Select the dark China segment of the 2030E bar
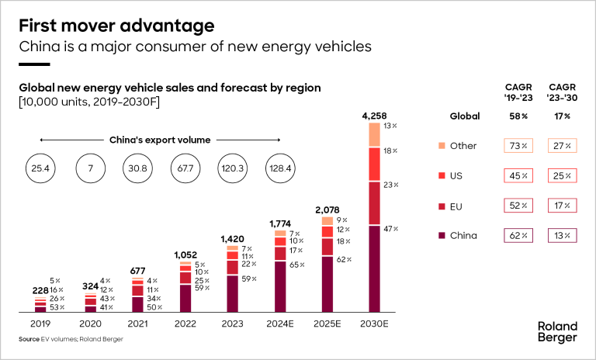pos(375,268)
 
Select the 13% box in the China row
pos(563,235)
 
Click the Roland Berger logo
pos(557,331)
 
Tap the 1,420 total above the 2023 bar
pos(232,240)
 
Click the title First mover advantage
pos(116,26)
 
